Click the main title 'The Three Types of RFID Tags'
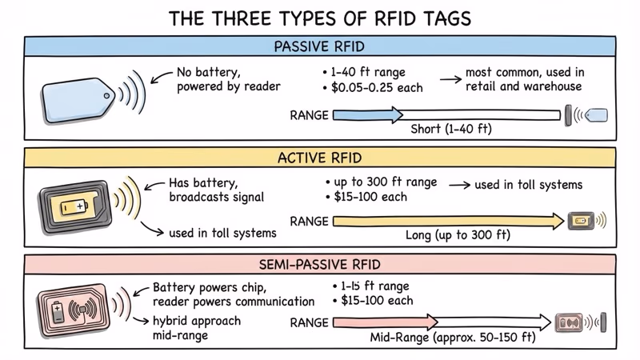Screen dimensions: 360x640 click(x=320, y=18)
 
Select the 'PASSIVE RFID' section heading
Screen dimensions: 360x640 click(x=320, y=46)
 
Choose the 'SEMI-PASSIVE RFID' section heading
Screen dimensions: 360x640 click(x=320, y=264)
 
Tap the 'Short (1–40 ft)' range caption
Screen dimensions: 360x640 click(x=452, y=129)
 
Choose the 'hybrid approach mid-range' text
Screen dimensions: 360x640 click(x=195, y=328)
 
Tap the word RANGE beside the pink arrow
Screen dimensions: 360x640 click(x=308, y=323)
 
